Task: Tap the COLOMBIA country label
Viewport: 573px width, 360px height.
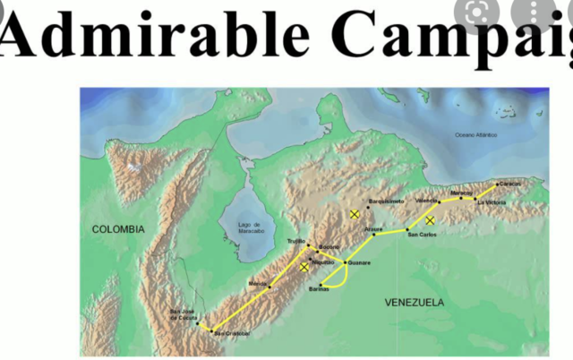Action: tap(118, 229)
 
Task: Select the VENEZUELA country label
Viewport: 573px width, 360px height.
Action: tap(415, 303)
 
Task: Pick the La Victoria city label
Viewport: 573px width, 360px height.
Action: tap(492, 203)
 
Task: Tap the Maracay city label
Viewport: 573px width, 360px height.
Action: tap(461, 192)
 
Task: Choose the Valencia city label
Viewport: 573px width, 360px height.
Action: tap(427, 200)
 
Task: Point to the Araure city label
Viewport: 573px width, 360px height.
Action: tap(373, 229)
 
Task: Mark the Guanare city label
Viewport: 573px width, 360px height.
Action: tap(358, 262)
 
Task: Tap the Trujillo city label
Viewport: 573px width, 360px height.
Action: tap(296, 240)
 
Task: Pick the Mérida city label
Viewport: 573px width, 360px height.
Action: tap(258, 283)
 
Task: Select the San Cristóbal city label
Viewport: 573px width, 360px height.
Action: tap(228, 333)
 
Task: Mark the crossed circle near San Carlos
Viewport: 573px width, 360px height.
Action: tap(430, 219)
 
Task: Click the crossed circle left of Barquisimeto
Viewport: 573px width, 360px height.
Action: tap(355, 214)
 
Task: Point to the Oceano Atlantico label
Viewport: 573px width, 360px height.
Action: tap(475, 134)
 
